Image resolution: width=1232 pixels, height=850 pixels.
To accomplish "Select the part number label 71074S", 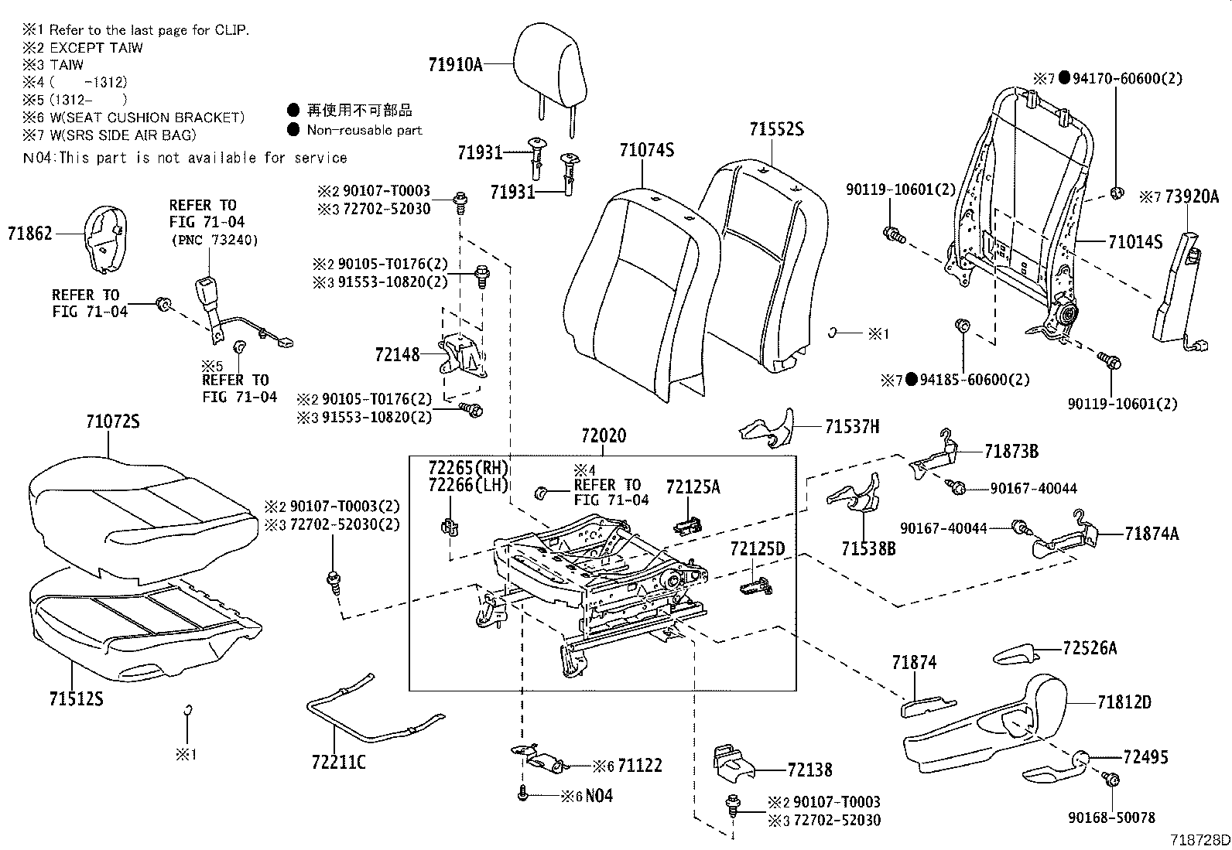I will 646,149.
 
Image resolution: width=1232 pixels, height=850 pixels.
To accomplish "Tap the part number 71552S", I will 775,129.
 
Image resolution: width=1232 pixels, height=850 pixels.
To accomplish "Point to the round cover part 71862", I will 103,238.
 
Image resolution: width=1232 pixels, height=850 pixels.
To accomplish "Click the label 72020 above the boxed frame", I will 604,436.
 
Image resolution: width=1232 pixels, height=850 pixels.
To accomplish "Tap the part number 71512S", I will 77,699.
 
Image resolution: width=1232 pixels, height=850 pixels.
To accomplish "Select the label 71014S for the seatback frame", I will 1134,242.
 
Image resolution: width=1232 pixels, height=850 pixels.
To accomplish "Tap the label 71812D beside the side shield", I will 1124,702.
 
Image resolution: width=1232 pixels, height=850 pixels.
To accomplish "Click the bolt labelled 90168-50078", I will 1111,780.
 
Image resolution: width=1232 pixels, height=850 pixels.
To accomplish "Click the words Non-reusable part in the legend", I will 364,130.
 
